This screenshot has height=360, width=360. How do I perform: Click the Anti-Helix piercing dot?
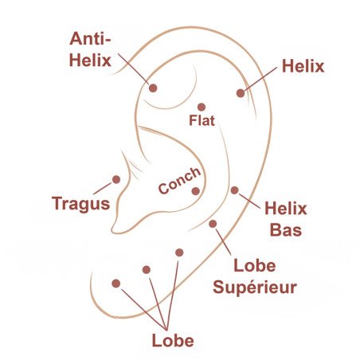(153, 88)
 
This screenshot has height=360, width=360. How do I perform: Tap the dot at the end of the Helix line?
(241, 93)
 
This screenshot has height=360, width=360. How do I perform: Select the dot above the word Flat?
(202, 107)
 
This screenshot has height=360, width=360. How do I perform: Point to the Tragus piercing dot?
(116, 179)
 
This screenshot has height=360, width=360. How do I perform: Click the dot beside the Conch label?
(196, 191)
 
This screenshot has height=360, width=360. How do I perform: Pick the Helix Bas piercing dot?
(235, 190)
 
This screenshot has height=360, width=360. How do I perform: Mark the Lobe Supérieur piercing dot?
(213, 224)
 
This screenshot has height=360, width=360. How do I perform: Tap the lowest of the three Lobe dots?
(116, 284)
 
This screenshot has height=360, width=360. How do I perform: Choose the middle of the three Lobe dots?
(147, 270)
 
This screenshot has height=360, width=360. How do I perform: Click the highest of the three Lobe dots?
(179, 252)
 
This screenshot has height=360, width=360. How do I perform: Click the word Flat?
(202, 120)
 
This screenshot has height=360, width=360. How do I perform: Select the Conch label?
(179, 180)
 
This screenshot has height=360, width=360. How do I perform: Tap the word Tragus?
(81, 204)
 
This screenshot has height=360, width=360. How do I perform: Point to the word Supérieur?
(255, 288)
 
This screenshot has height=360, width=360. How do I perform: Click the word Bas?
(286, 229)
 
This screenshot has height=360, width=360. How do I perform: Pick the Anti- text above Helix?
(90, 39)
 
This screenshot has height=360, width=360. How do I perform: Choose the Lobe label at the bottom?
(173, 340)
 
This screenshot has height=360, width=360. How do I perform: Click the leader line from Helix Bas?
(249, 201)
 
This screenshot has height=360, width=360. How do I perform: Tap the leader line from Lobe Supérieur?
(223, 241)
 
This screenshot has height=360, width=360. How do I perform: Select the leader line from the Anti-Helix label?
(133, 68)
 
